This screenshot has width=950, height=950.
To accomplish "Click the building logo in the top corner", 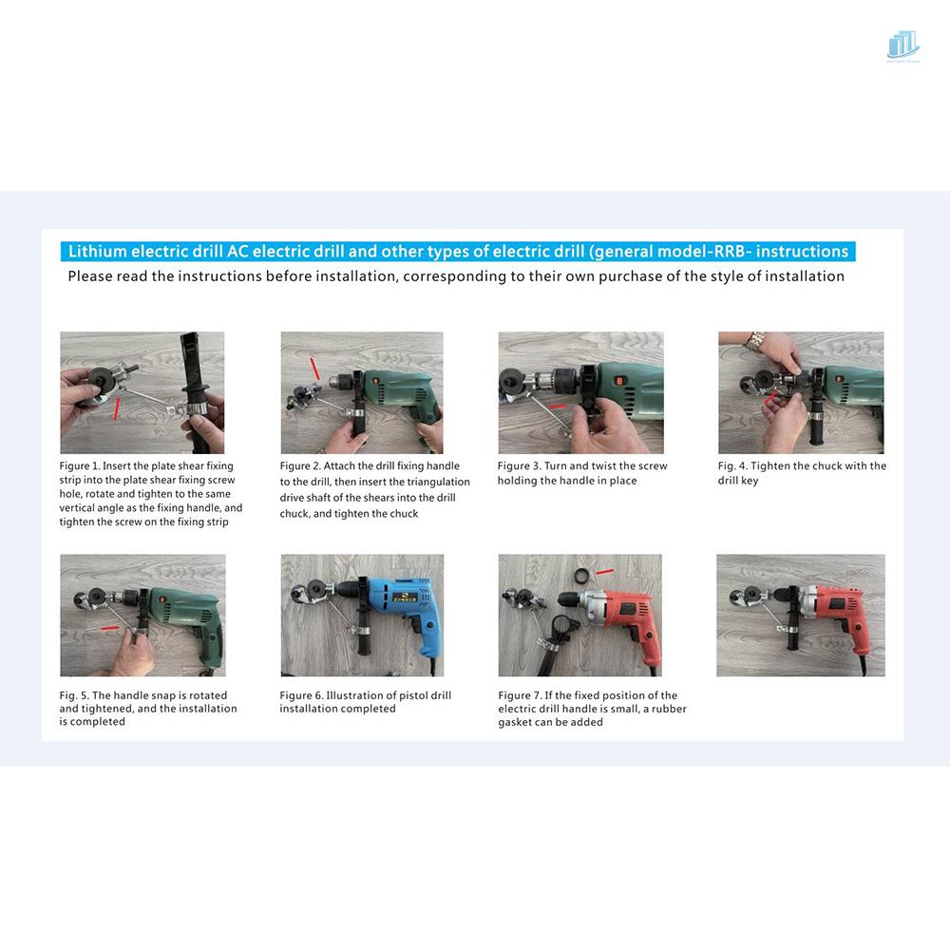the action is [903, 46].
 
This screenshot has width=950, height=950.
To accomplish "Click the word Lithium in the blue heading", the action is [98, 252].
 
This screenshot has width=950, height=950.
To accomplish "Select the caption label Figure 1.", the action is [80, 465].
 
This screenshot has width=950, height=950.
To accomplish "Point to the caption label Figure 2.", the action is [300, 465].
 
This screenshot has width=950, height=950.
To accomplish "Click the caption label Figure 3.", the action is [518, 465].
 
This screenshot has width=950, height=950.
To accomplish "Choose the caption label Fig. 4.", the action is [731, 465].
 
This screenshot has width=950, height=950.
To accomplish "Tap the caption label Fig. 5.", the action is [74, 695].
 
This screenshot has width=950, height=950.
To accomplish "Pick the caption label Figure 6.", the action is [301, 695].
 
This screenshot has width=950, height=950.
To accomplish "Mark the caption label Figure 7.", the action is [520, 695].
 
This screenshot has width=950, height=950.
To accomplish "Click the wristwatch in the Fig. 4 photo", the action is [755, 341].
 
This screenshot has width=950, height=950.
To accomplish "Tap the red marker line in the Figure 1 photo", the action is [117, 408].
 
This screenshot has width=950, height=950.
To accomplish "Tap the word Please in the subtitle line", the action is [89, 276].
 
